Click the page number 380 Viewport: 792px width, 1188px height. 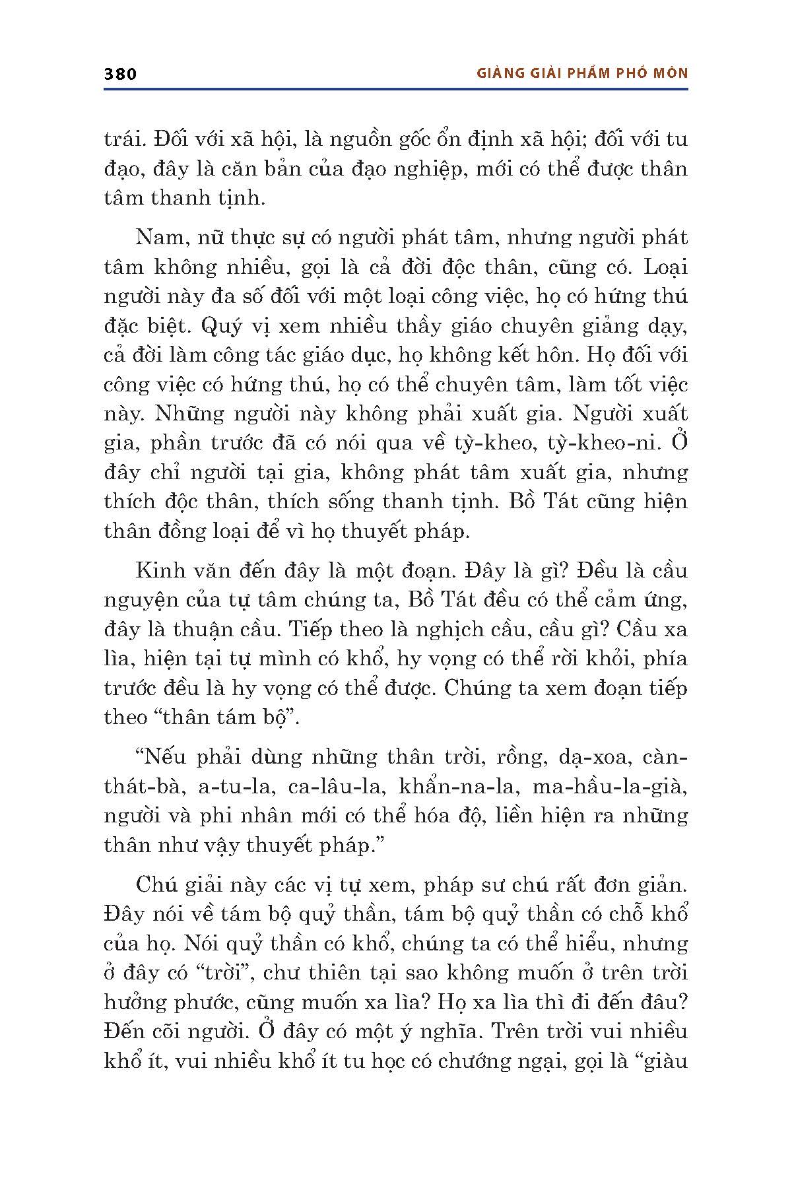pyautogui.click(x=120, y=73)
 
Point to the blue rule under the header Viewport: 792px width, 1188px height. pyautogui.click(x=396, y=88)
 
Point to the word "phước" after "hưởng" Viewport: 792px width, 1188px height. pyautogui.click(x=201, y=1002)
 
